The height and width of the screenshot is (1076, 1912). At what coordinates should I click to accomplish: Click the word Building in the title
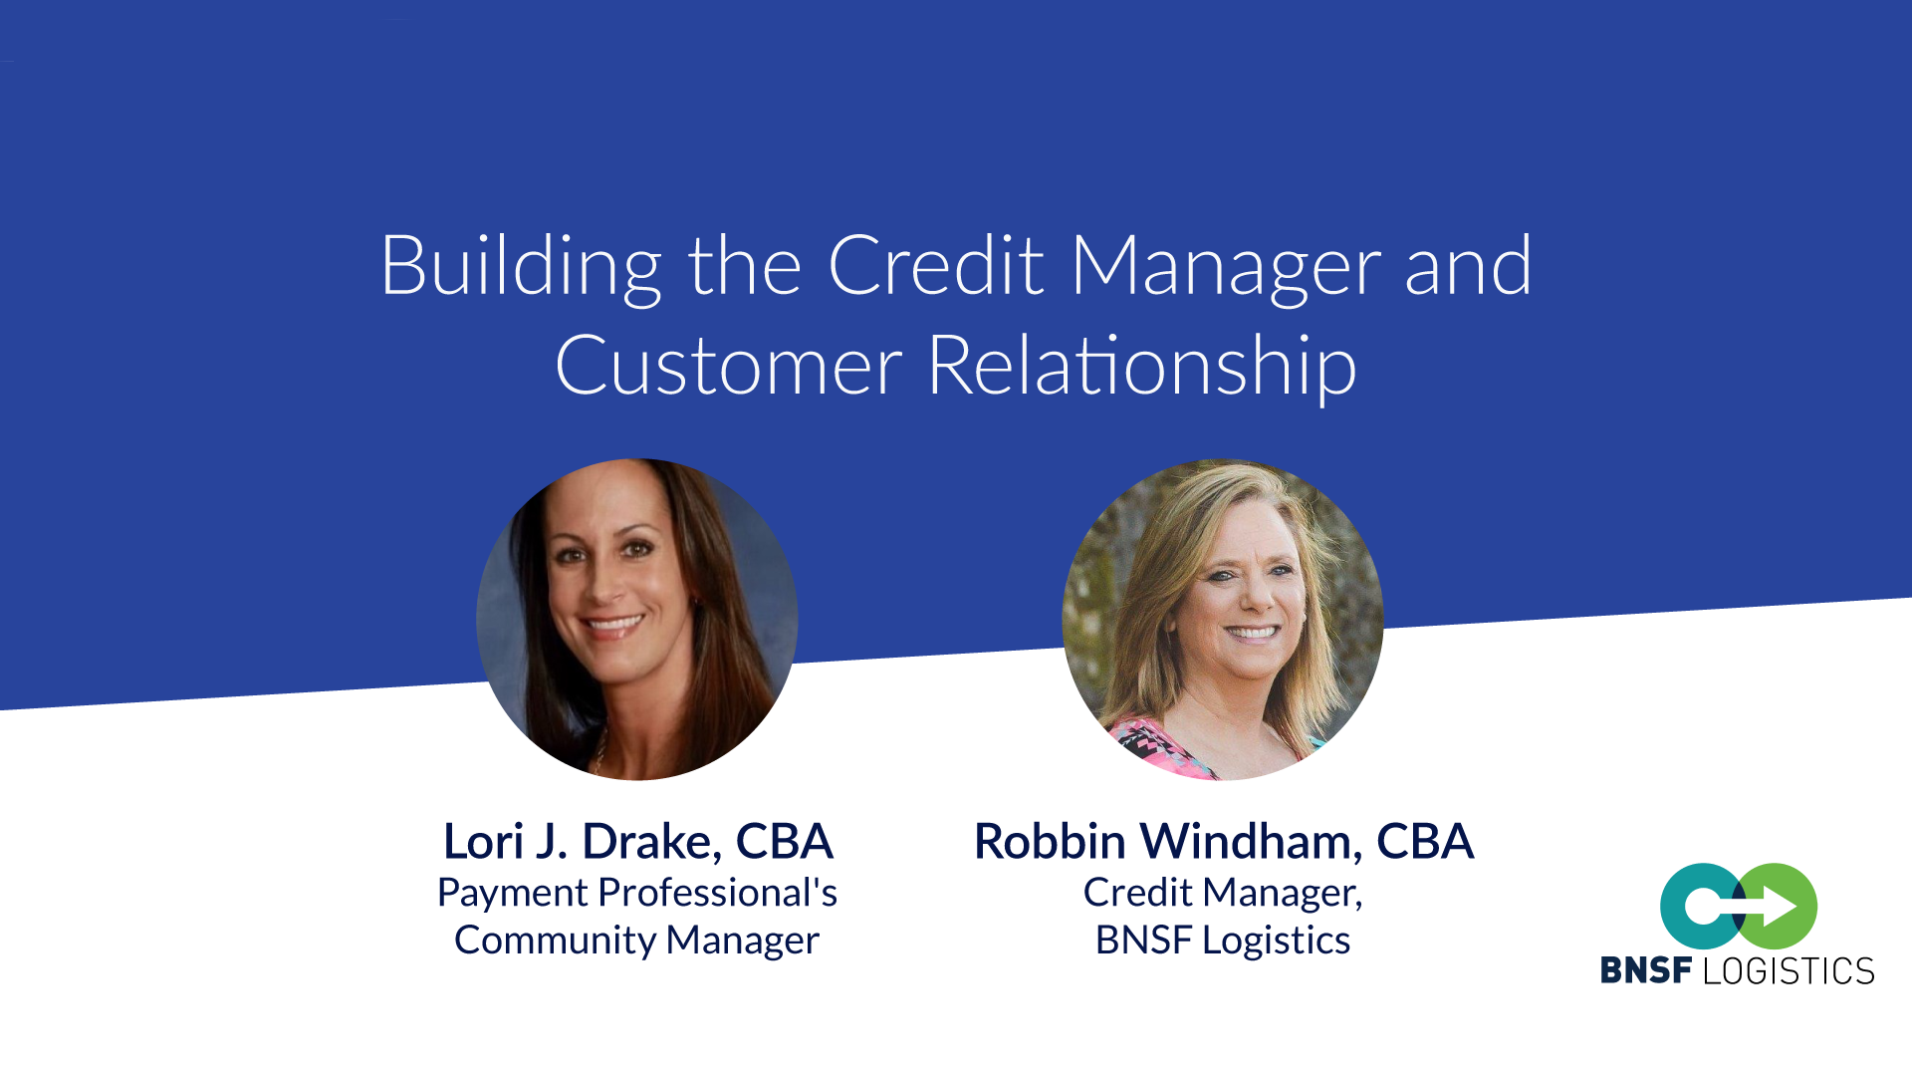pyautogui.click(x=521, y=267)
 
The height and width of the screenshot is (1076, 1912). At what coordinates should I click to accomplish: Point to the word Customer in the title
pyautogui.click(x=728, y=366)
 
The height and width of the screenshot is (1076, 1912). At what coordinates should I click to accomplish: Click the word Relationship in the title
pyautogui.click(x=1141, y=367)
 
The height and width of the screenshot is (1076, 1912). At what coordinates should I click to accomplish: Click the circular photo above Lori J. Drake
pyautogui.click(x=637, y=619)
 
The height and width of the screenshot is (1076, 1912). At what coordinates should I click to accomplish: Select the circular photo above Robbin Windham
pyautogui.click(x=1223, y=619)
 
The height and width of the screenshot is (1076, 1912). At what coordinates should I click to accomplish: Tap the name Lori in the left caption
pyautogui.click(x=483, y=841)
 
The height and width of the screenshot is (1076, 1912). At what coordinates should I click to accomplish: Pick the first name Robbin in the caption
pyautogui.click(x=1050, y=841)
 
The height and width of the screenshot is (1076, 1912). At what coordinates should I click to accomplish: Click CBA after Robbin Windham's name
pyautogui.click(x=1425, y=842)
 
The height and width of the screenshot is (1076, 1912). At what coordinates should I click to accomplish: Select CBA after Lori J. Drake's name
pyautogui.click(x=785, y=842)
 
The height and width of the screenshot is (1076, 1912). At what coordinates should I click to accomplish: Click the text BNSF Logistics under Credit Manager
pyautogui.click(x=1223, y=941)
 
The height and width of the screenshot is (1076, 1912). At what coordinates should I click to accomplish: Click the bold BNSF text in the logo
pyautogui.click(x=1646, y=970)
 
